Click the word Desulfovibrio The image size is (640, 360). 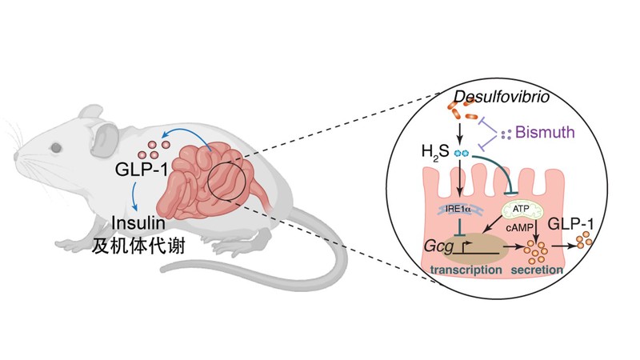point(495,98)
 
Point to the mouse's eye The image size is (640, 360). point(56,147)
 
